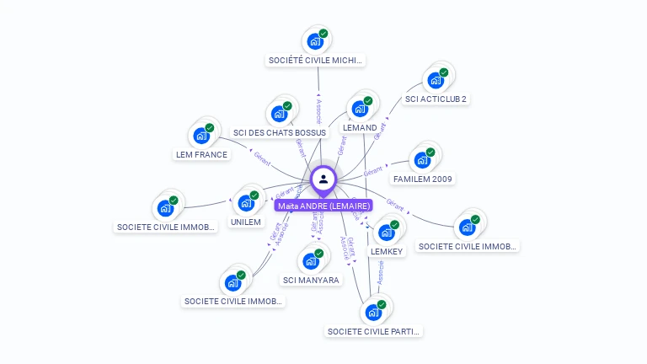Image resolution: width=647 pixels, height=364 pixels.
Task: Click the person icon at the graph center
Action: pyautogui.click(x=323, y=179)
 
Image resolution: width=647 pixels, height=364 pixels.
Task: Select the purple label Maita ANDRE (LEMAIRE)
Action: pyautogui.click(x=323, y=206)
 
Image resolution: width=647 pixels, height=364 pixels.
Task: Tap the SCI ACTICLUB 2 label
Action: pyautogui.click(x=436, y=99)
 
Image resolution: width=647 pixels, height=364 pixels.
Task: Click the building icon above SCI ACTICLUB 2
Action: pyautogui.click(x=435, y=80)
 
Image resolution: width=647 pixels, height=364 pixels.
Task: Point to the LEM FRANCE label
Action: pyautogui.click(x=201, y=155)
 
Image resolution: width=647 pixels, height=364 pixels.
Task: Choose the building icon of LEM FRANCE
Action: pyautogui.click(x=201, y=136)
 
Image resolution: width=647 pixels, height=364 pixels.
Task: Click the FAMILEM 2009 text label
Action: pyautogui.click(x=423, y=179)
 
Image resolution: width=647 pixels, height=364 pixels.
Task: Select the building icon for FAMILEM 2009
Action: pyautogui.click(x=421, y=159)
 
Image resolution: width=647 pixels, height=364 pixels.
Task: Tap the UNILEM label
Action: pyautogui.click(x=246, y=222)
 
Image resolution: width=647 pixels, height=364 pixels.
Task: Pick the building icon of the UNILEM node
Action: pyautogui.click(x=245, y=203)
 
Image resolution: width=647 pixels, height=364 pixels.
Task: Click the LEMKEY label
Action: pyautogui.click(x=387, y=251)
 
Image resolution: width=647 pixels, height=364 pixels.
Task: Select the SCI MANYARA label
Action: pyautogui.click(x=311, y=280)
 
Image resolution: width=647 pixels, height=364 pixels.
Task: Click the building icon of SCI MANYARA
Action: pyautogui.click(x=310, y=260)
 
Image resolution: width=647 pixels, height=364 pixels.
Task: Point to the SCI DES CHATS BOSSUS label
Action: pyautogui.click(x=279, y=133)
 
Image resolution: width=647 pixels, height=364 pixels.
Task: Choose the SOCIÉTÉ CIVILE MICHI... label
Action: pyautogui.click(x=316, y=61)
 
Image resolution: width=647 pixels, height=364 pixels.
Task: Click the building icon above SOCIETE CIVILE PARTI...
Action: pyautogui.click(x=372, y=312)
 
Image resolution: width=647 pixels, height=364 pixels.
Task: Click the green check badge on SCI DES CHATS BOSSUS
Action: pyautogui.click(x=287, y=106)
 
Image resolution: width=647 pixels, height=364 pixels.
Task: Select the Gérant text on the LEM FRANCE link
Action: pyautogui.click(x=262, y=158)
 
